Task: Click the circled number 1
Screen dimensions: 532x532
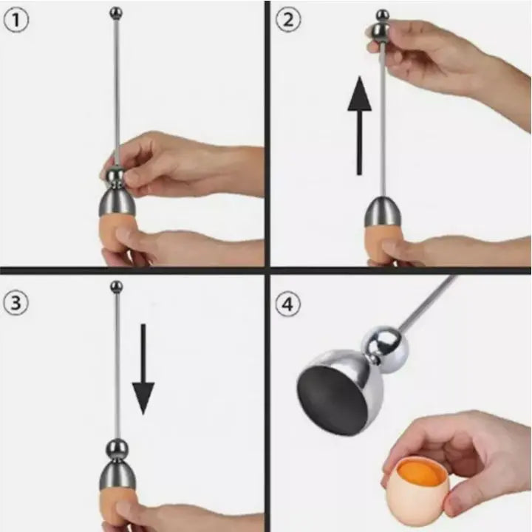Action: pyautogui.click(x=17, y=20)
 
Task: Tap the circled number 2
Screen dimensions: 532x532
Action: pyautogui.click(x=287, y=20)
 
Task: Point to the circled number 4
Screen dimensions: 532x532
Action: pyautogui.click(x=287, y=304)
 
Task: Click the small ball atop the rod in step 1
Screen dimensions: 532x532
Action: pyautogui.click(x=116, y=12)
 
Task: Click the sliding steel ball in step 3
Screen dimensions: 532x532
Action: pyautogui.click(x=116, y=448)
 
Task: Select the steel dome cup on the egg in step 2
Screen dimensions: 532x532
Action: pyautogui.click(x=382, y=214)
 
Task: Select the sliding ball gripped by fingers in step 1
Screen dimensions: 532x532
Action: pyautogui.click(x=115, y=176)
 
